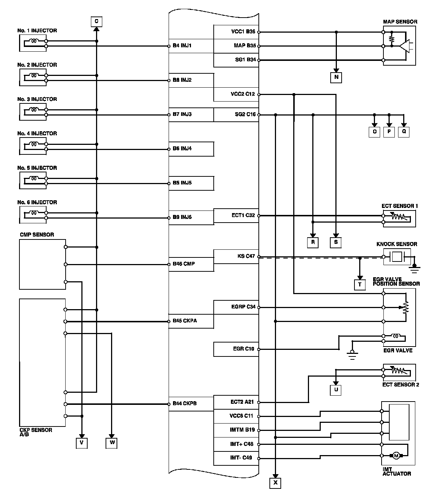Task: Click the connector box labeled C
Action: pos(96,22)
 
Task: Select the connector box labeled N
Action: pos(336,77)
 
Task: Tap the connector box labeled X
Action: pos(275,483)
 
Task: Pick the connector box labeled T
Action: pos(360,285)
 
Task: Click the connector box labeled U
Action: pos(336,389)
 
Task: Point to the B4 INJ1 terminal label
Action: pos(182,46)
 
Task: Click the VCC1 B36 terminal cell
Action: pos(236,32)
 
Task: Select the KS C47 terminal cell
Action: pos(236,256)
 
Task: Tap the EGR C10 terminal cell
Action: pos(236,349)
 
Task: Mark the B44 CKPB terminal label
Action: pos(185,403)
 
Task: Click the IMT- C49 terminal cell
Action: pos(236,458)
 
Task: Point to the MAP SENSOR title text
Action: pos(400,22)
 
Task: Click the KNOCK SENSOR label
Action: pos(397,244)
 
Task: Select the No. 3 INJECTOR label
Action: pos(37,99)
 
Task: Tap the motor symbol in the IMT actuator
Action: pos(396,456)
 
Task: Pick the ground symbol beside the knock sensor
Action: pos(415,270)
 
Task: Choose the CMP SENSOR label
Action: pos(37,235)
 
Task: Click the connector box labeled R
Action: pos(312,242)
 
